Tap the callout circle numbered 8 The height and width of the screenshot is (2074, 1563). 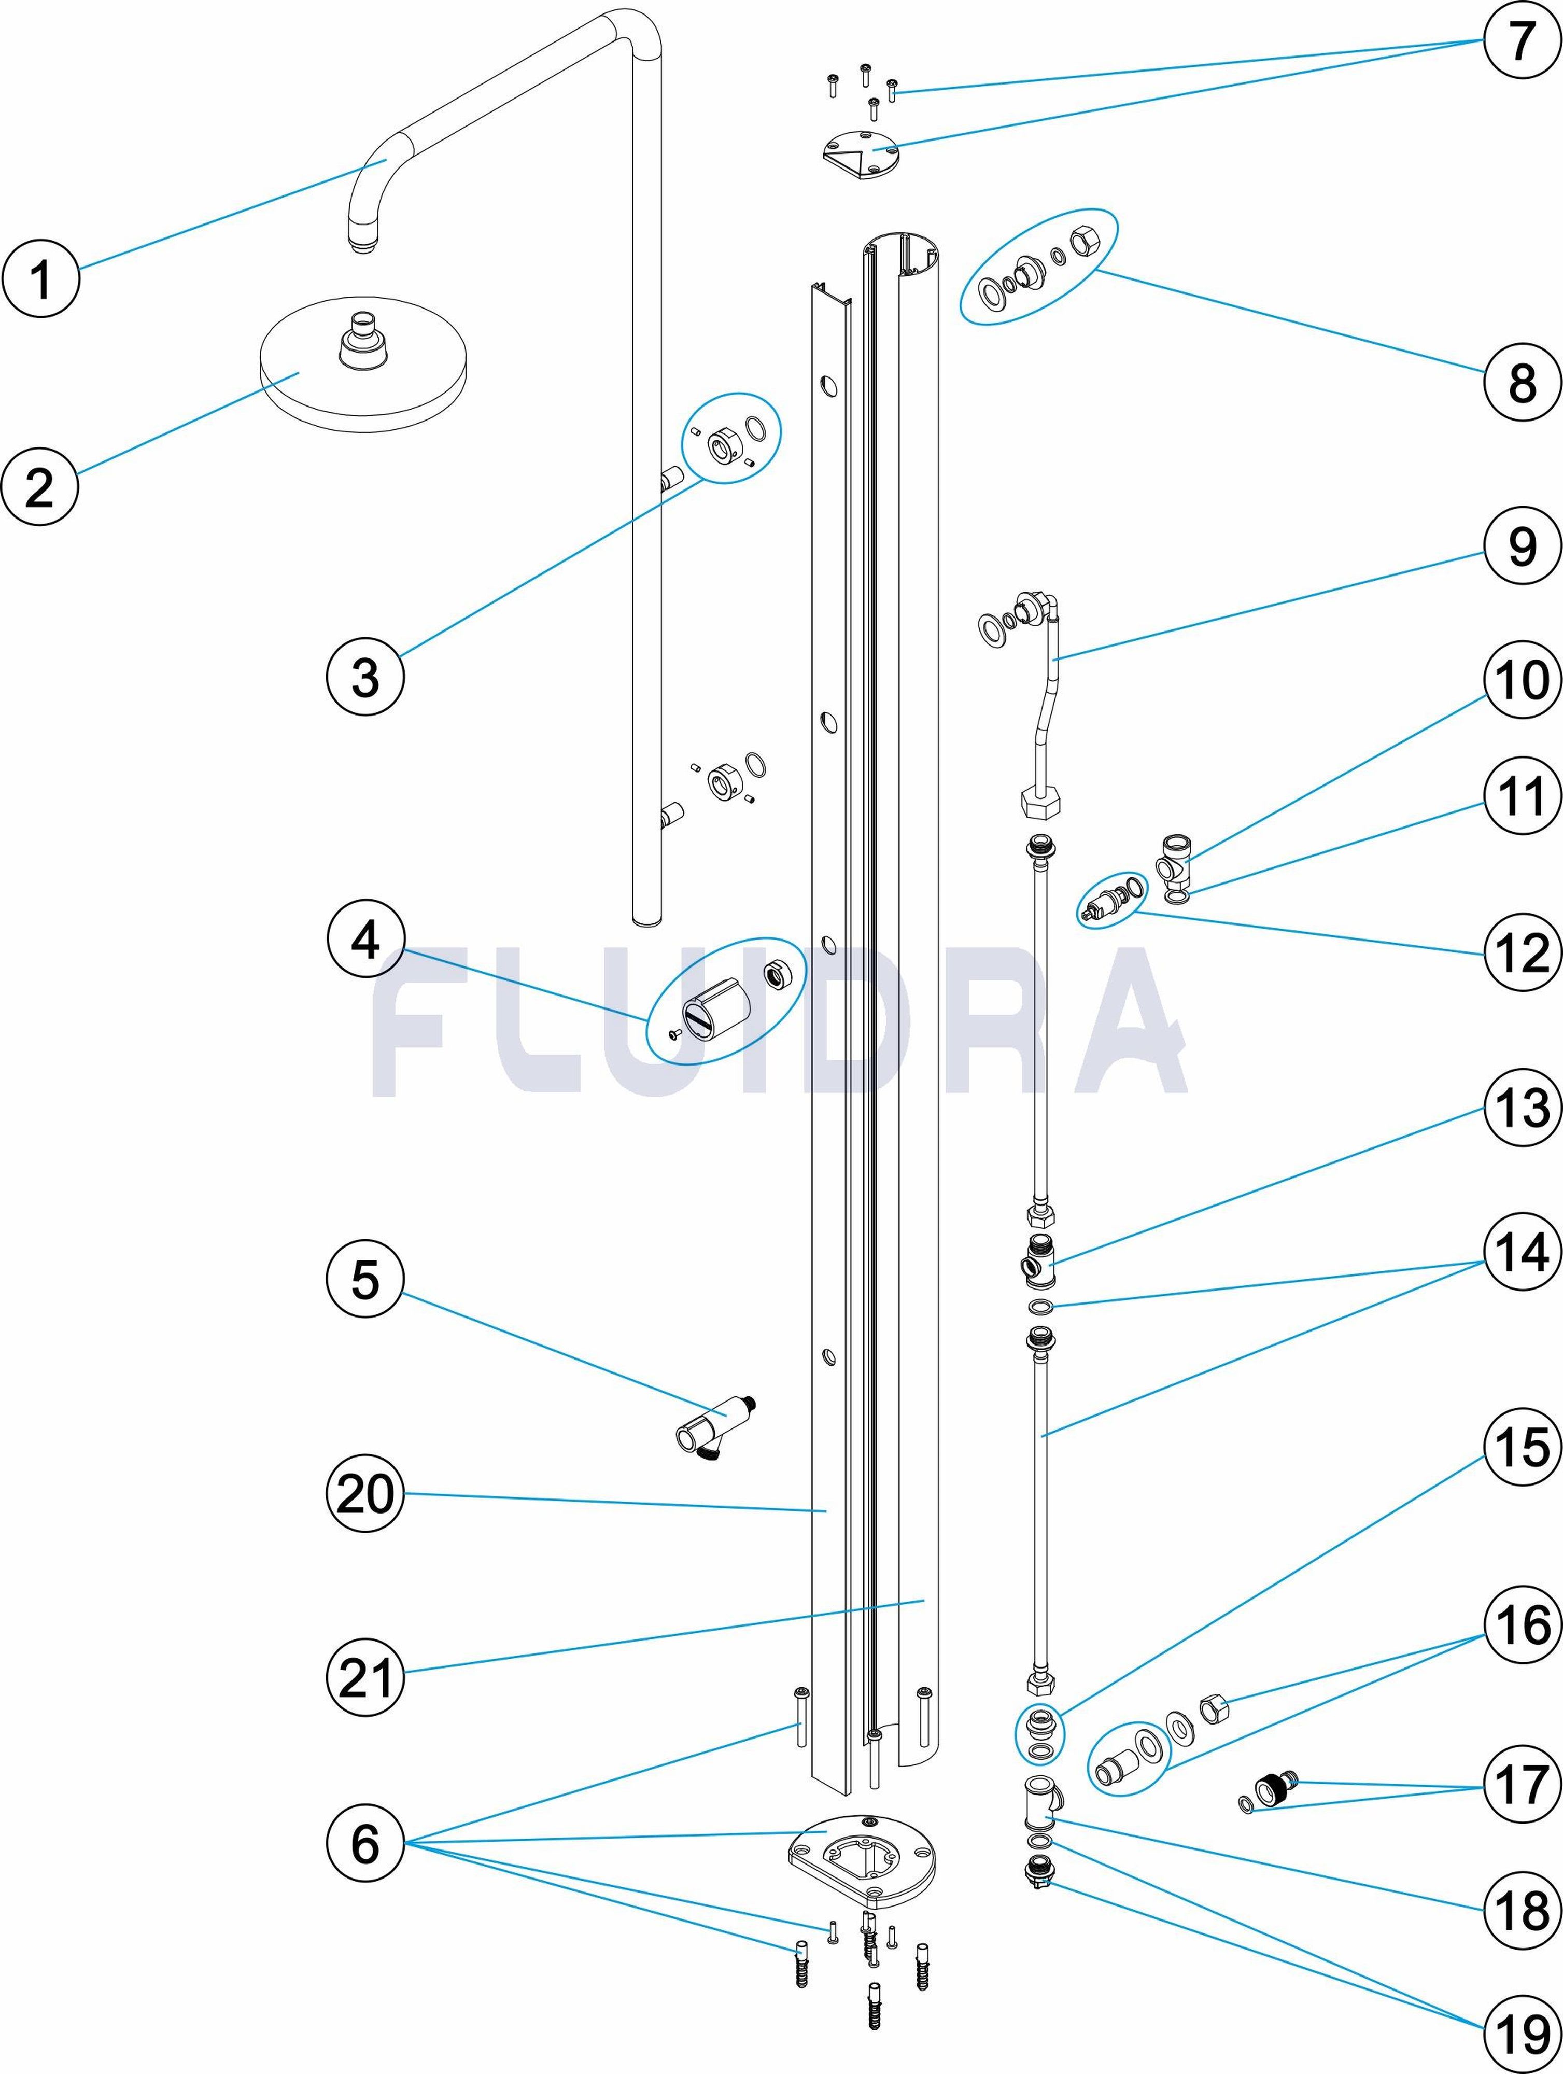tap(1522, 382)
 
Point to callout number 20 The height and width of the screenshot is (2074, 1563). tap(365, 1494)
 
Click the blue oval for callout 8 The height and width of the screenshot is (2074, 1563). tap(1039, 267)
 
